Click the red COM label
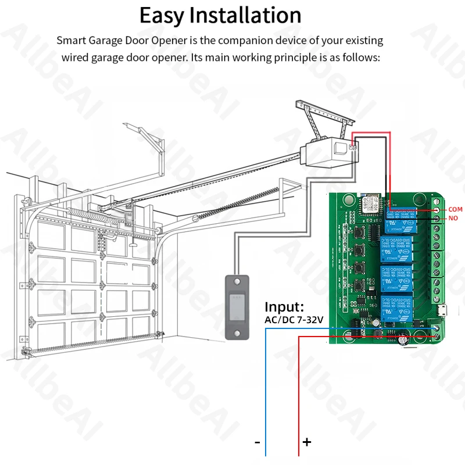coord(455,209)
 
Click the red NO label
coord(453,219)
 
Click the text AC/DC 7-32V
coord(294,319)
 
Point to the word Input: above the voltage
coord(284,306)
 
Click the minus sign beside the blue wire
coord(257,442)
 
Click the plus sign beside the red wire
coord(307,442)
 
